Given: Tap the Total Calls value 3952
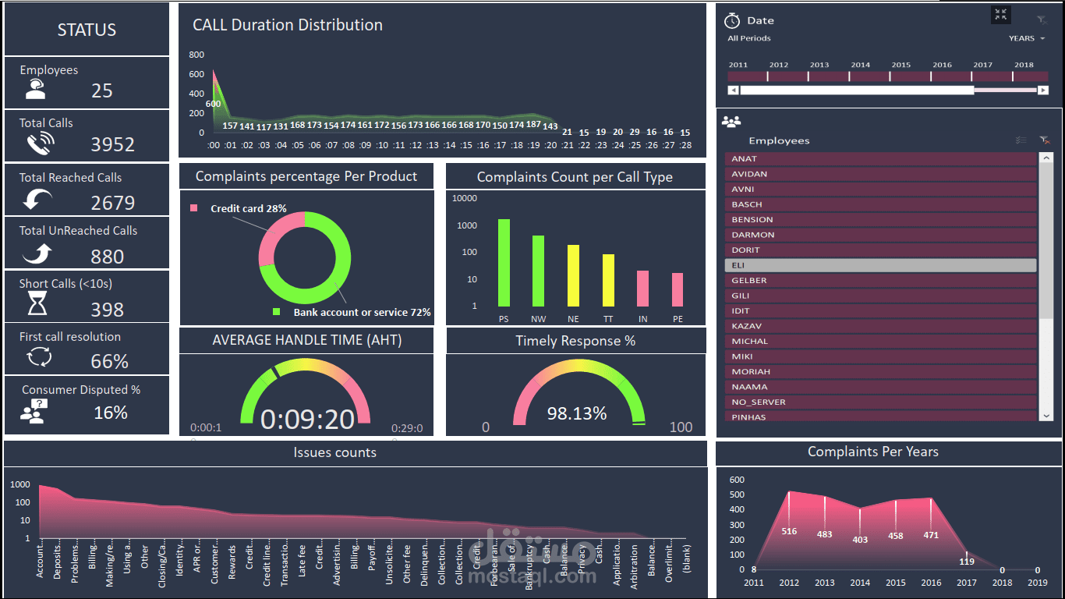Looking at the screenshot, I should pos(112,144).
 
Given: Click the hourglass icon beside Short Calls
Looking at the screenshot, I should pos(37,303).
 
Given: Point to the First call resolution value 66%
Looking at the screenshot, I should pos(109,361).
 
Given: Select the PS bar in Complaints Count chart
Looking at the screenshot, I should pos(504,262).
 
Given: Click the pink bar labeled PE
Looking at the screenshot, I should pos(678,289).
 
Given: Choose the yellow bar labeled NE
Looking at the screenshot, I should pos(573,275).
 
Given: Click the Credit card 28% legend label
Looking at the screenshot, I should pos(248,208).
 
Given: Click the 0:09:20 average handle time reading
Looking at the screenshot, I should pos(307,419).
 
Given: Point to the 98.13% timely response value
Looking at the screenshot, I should pos(576,413).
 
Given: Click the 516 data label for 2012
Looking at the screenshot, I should pos(789,531).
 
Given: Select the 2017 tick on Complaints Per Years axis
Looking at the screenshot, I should pos(967,583).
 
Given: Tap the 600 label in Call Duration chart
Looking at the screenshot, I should pos(213,104).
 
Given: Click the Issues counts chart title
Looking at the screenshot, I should pos(334,452).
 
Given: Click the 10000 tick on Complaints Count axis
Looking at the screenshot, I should pos(464,198).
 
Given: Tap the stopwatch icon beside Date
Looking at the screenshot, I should pos(731,20).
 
